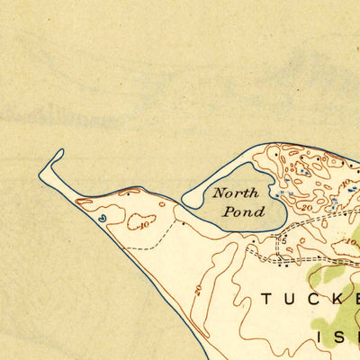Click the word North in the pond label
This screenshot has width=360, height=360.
coord(236,193)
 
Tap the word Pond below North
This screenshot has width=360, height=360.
coord(247,212)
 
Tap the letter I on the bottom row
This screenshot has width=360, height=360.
coord(323,337)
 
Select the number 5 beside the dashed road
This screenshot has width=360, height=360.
coord(282,241)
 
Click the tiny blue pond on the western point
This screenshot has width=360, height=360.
coord(102,216)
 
